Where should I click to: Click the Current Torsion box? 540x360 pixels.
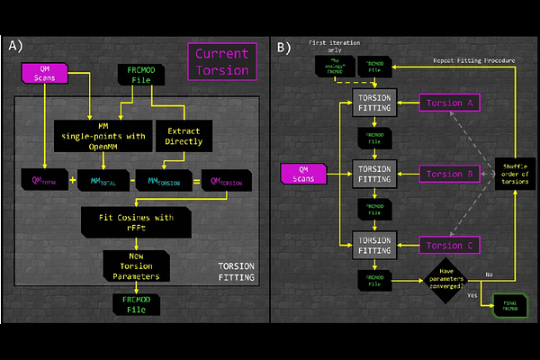pos(221,61)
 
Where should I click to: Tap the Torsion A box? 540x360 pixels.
pos(448,103)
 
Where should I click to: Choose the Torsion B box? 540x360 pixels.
pos(448,173)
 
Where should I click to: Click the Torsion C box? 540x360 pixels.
pos(448,243)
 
